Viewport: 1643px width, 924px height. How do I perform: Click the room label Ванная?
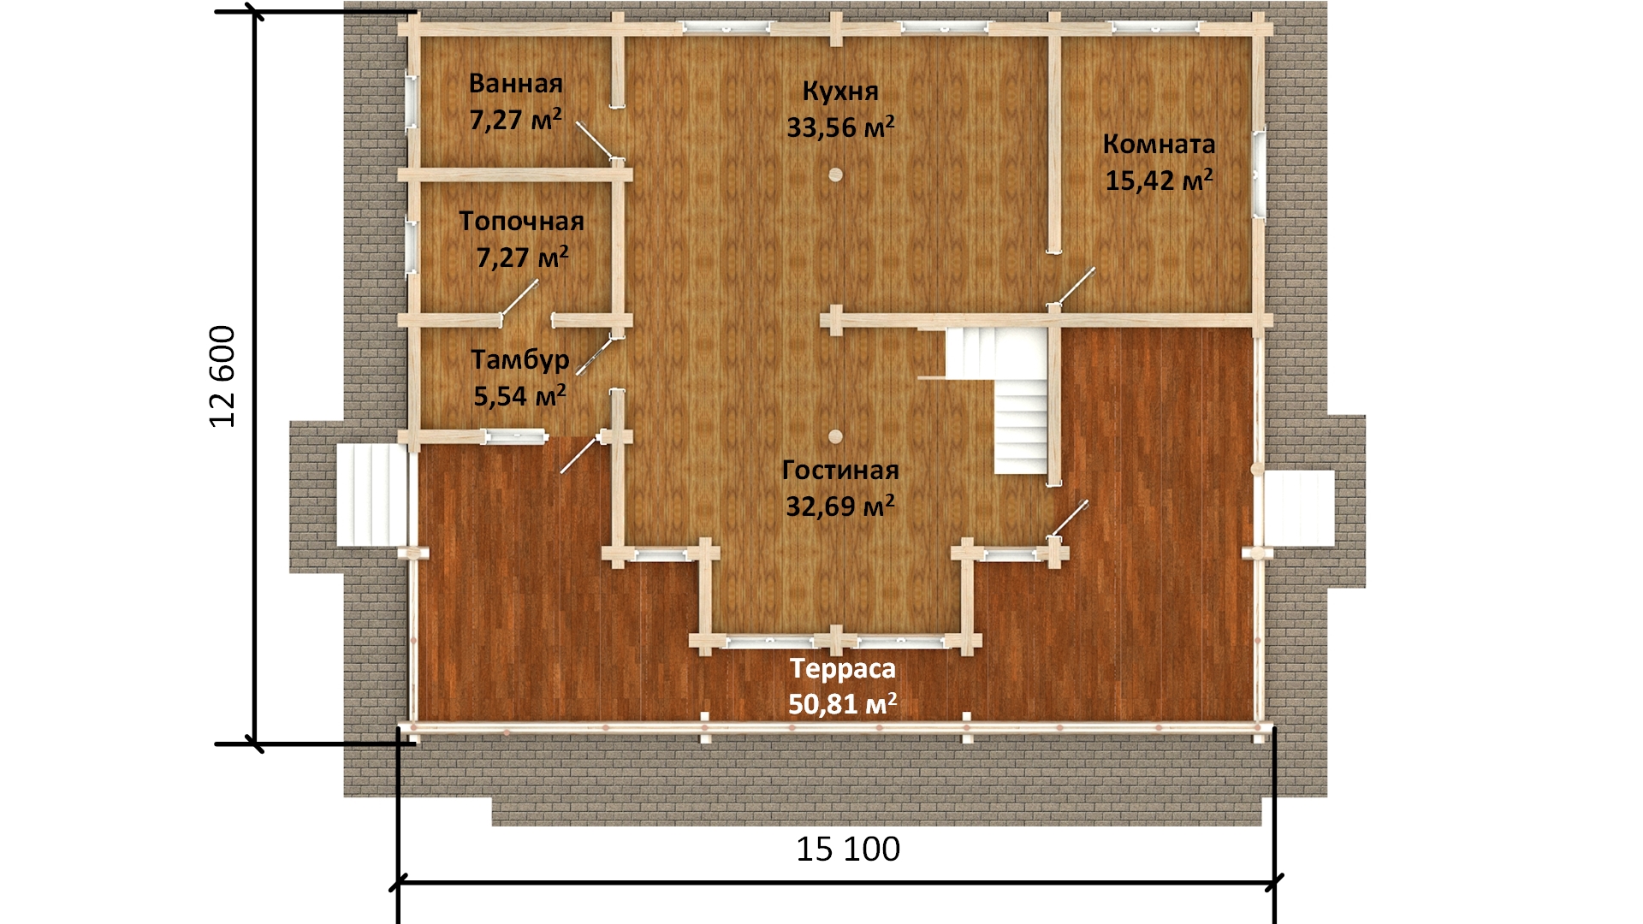516,84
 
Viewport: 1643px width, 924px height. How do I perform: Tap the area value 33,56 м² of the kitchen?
840,127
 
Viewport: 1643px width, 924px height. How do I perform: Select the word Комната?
1159,144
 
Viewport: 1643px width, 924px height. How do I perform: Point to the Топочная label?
521,221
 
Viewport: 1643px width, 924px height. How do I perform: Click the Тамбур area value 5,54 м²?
520,395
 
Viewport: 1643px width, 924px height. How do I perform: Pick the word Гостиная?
840,470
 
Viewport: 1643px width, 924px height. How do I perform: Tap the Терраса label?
843,668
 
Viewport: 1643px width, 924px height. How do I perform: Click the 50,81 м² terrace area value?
843,703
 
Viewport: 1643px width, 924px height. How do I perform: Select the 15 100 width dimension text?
848,850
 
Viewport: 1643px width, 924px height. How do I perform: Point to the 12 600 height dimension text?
222,376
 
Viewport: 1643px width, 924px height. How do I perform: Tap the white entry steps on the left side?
371,495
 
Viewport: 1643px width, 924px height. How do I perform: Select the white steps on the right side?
1299,508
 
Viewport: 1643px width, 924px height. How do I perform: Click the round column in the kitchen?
835,175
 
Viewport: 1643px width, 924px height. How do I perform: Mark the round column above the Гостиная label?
835,436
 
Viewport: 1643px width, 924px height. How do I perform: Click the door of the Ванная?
596,142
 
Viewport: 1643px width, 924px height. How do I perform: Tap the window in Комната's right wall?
1259,175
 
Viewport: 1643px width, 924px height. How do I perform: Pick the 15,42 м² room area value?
1159,181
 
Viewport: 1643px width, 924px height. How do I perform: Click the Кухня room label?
840,91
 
